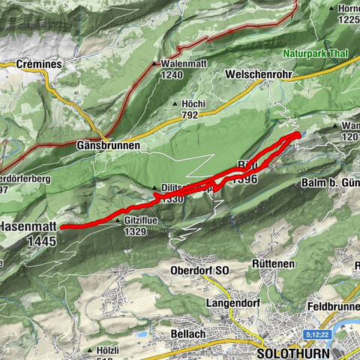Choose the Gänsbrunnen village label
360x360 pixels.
tap(108, 145)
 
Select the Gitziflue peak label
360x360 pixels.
tap(144, 223)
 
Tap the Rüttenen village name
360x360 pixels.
tap(272, 264)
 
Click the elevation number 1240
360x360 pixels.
tap(172, 75)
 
